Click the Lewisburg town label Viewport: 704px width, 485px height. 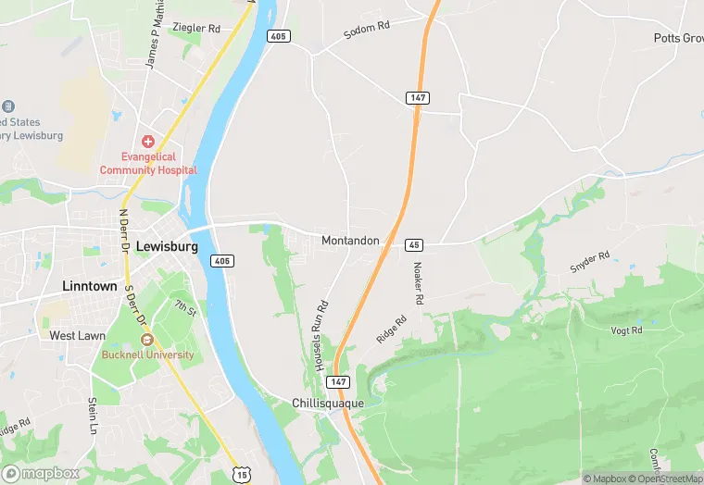click(167, 247)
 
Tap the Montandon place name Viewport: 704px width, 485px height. click(350, 241)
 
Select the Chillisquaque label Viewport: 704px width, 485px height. click(327, 404)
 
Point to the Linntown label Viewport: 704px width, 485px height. click(90, 286)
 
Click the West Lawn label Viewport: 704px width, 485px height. click(78, 335)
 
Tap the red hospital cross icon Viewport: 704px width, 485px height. click(147, 142)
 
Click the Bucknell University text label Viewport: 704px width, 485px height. click(148, 354)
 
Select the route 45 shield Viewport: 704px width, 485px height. click(414, 245)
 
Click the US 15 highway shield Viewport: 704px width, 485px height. click(242, 474)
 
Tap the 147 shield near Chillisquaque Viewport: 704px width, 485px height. click(340, 381)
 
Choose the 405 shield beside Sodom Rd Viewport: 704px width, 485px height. click(280, 36)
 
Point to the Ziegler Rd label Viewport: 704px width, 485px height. click(202, 29)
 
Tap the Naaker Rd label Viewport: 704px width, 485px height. click(418, 283)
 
